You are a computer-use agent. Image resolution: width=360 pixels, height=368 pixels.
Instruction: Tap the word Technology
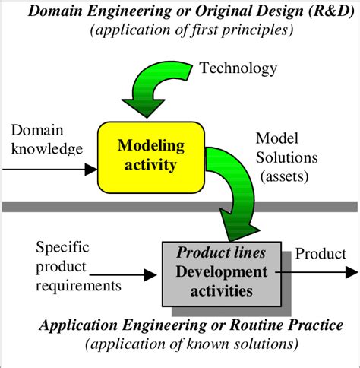238,69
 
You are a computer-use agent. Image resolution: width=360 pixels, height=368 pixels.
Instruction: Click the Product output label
319,254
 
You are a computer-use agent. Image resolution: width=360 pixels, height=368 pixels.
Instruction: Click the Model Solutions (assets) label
291,157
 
